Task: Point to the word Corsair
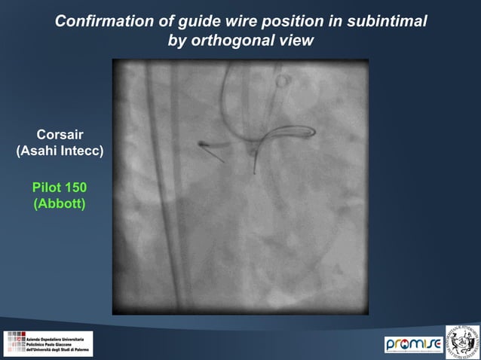point(60,135)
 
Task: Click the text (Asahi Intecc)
point(60,151)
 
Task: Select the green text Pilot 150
point(60,187)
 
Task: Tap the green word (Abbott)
point(60,203)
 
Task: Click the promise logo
point(414,344)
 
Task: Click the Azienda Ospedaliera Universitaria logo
point(48,343)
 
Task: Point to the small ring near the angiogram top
point(283,79)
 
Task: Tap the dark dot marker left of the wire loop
point(201,142)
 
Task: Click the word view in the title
point(296,40)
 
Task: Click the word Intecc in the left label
point(82,151)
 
